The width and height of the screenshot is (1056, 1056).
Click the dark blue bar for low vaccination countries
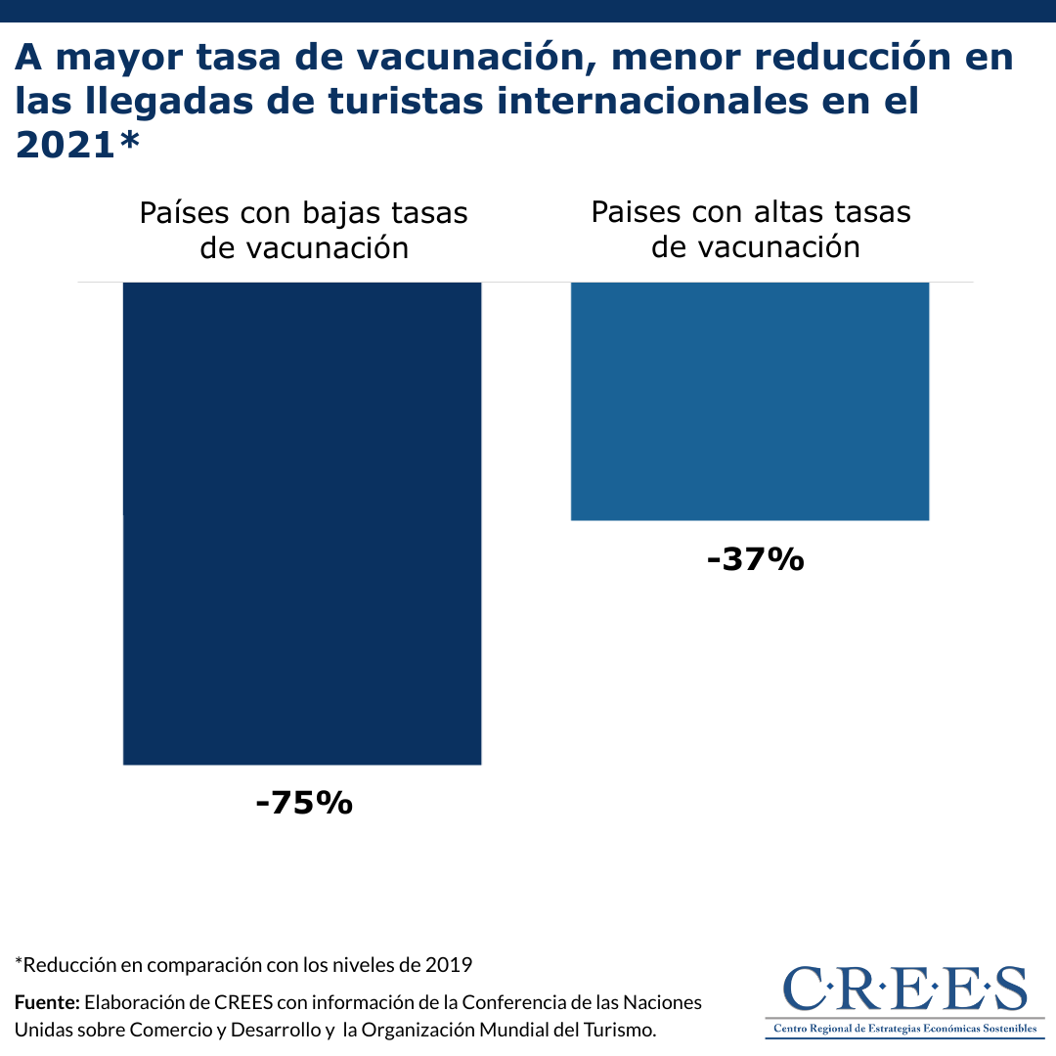(x=301, y=523)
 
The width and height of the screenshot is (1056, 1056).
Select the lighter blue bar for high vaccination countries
(x=749, y=401)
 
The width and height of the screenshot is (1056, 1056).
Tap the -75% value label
(x=303, y=803)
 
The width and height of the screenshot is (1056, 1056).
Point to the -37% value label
(x=755, y=560)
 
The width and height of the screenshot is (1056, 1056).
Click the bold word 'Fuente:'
(x=46, y=1002)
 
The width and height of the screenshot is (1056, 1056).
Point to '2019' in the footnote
(x=450, y=965)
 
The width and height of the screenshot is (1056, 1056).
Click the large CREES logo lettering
(x=904, y=990)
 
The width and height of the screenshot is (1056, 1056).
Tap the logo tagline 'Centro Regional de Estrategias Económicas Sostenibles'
(x=904, y=1029)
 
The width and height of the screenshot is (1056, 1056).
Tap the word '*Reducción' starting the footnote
(x=64, y=965)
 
